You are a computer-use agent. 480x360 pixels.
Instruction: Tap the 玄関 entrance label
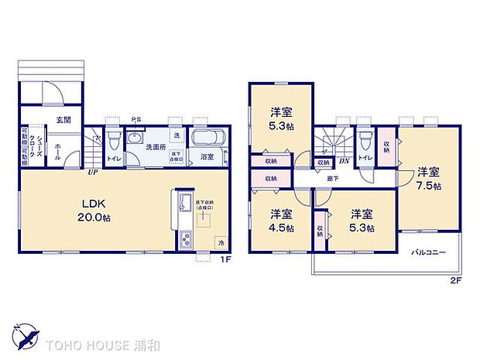[x=63, y=119]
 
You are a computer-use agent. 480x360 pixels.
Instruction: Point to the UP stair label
[x=92, y=171]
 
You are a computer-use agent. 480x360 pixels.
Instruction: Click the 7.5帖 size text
[x=429, y=187]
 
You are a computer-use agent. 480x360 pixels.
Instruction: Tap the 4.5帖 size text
[x=280, y=228]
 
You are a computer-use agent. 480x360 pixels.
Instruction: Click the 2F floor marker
[x=456, y=280]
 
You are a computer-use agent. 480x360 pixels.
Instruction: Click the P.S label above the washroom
[x=135, y=118]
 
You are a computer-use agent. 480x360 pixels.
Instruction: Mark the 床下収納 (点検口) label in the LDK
[x=205, y=204]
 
